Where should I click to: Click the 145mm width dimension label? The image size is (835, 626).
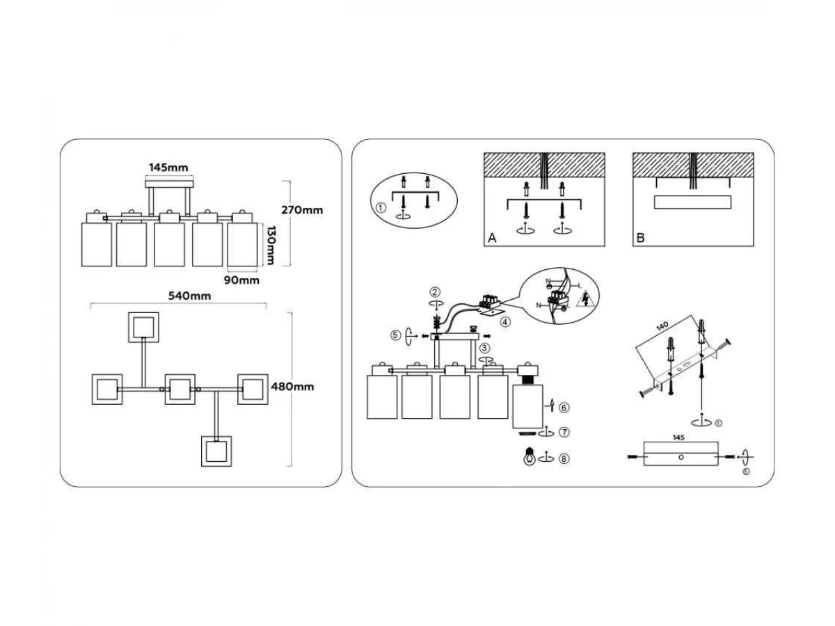[168, 168]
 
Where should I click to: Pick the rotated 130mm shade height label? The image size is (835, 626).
[271, 245]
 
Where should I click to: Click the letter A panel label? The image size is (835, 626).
[492, 238]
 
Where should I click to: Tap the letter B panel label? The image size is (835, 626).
[640, 238]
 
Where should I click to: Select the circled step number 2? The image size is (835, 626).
[435, 291]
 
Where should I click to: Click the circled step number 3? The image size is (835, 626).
[484, 348]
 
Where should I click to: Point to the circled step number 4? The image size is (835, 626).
[505, 322]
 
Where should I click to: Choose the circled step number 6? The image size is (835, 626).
[564, 406]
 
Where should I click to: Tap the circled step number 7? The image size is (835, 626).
[564, 433]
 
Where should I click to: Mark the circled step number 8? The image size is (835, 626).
[564, 458]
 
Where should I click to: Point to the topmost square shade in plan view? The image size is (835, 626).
[145, 327]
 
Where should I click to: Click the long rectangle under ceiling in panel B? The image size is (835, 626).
[693, 202]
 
